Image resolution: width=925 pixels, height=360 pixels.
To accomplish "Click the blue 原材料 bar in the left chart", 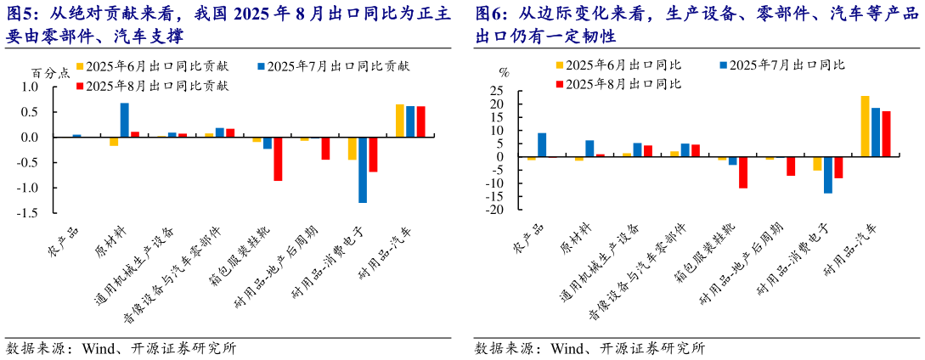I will (x=124, y=120).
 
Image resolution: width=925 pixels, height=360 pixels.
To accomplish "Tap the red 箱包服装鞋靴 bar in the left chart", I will (x=278, y=159).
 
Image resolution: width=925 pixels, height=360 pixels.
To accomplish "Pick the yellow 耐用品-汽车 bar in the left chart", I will (x=400, y=121).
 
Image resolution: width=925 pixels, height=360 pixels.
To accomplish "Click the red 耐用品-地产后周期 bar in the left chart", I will (x=325, y=149).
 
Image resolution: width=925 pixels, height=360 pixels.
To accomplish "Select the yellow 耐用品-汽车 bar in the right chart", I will (x=865, y=127).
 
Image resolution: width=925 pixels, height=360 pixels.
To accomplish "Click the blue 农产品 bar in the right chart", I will (x=542, y=145).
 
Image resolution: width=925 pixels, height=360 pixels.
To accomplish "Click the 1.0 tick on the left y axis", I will (x=31, y=87).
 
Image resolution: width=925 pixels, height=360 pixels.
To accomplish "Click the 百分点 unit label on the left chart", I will (x=49, y=73).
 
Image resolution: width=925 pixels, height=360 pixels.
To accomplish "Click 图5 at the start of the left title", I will (x=19, y=14).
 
